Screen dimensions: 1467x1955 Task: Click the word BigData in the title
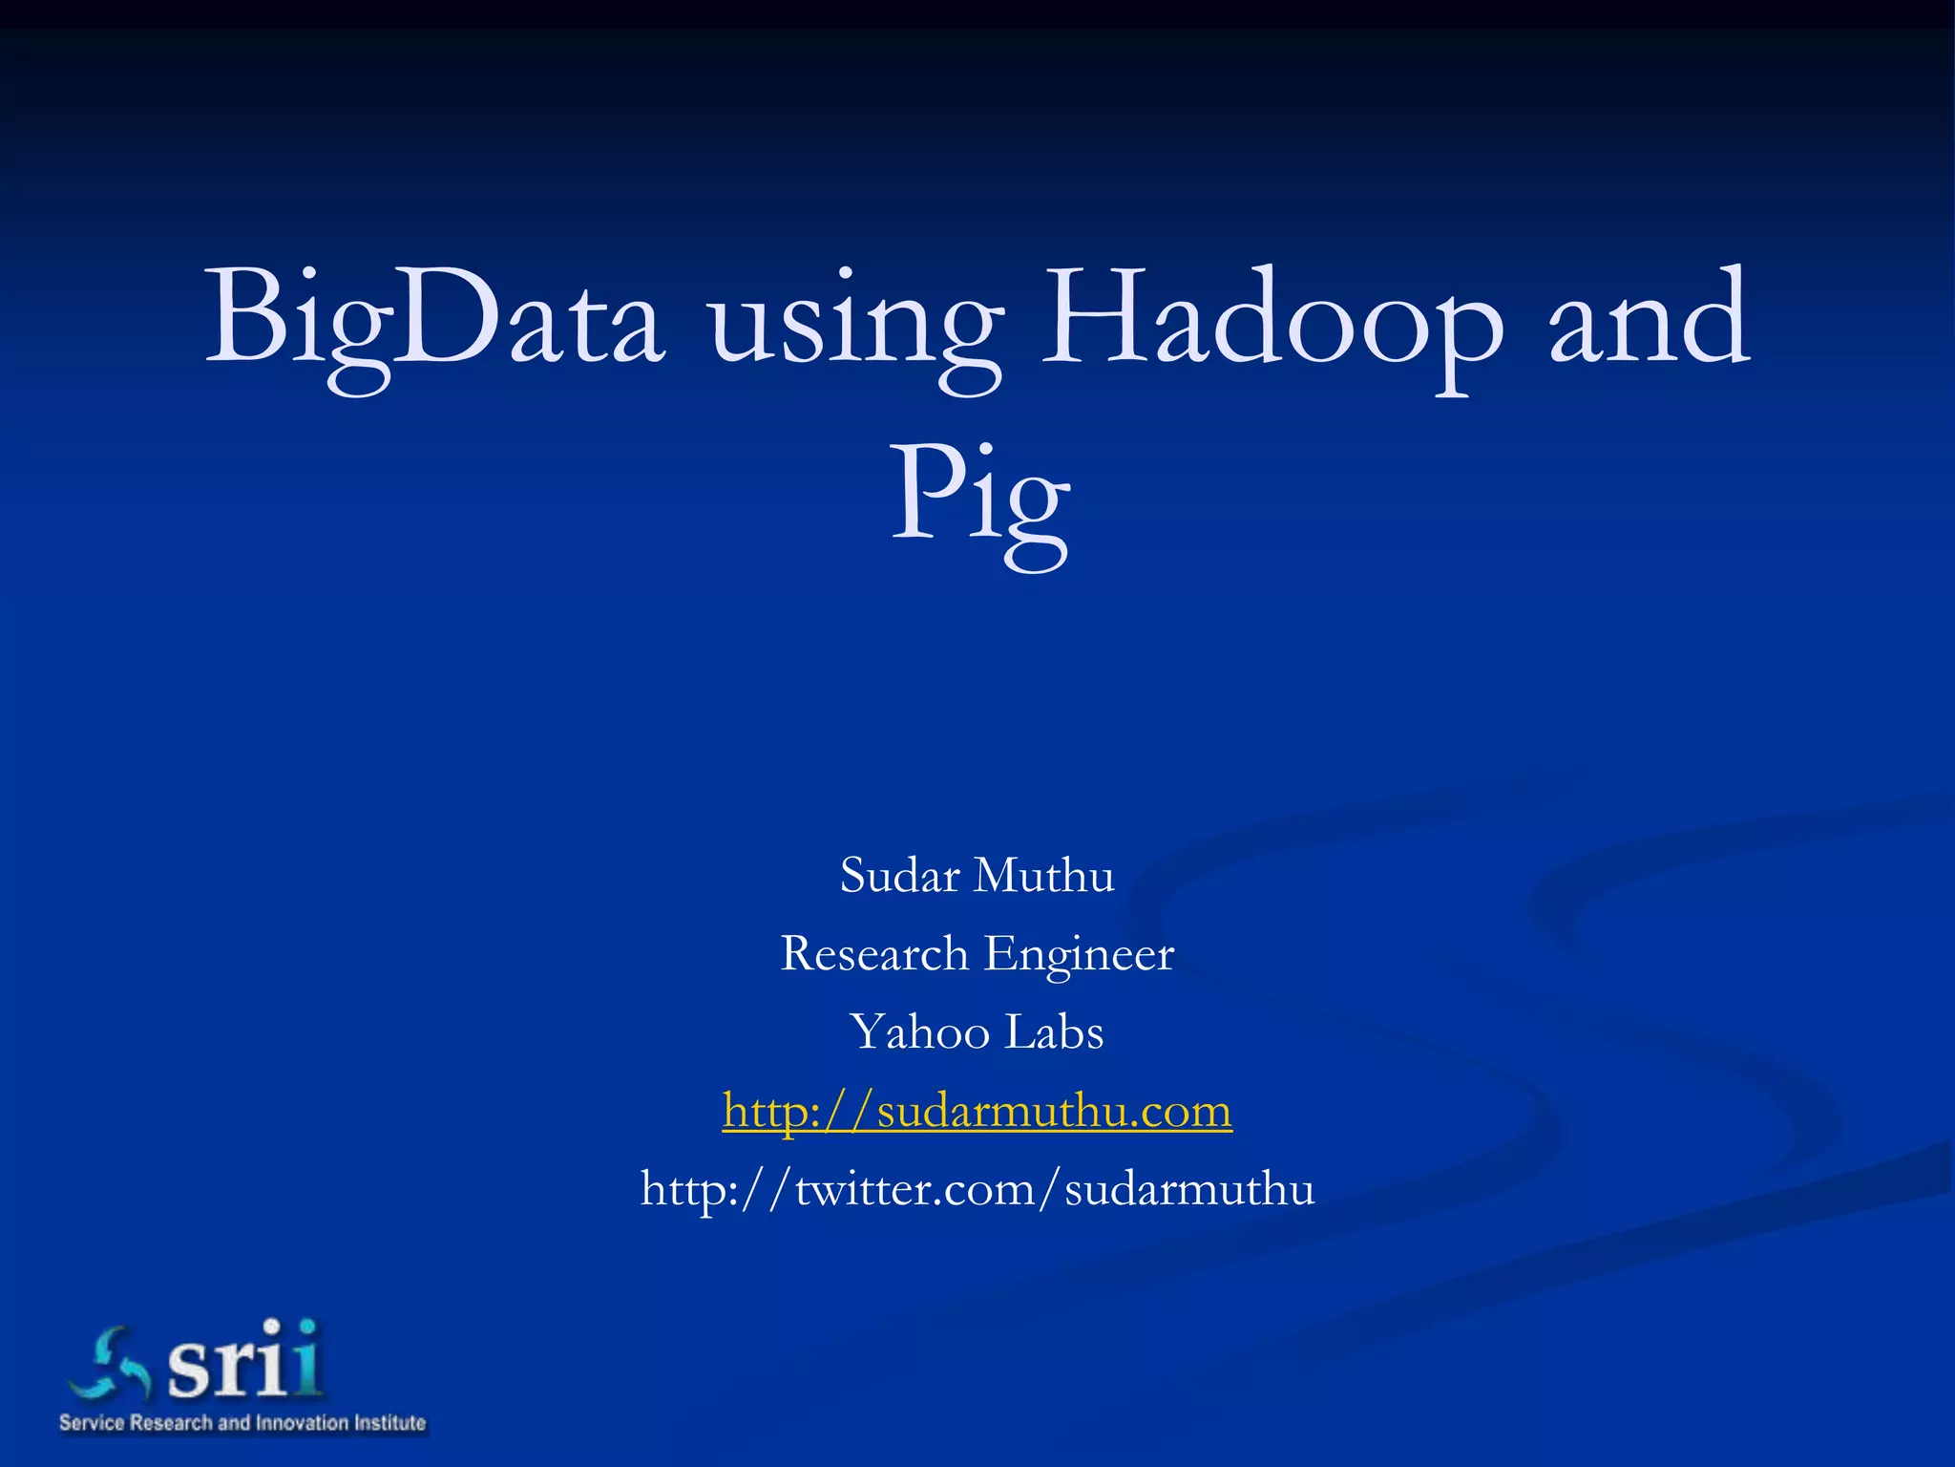click(434, 320)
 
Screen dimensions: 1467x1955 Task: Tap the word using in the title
click(854, 325)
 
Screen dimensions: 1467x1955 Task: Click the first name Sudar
click(899, 875)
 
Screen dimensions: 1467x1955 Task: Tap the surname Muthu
click(1044, 875)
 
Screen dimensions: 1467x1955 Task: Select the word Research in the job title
click(874, 953)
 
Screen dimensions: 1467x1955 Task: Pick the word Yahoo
click(920, 1032)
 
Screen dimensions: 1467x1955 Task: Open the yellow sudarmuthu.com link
click(977, 1111)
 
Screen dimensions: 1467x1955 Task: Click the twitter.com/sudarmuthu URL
click(977, 1189)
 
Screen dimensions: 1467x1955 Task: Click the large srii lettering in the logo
click(244, 1360)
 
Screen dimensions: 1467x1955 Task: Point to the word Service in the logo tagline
click(92, 1423)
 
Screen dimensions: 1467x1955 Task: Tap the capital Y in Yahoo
click(869, 1031)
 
